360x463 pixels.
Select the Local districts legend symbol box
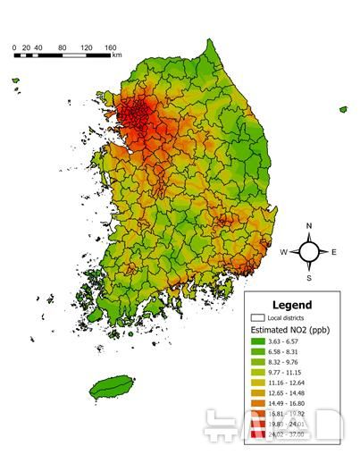[257, 317]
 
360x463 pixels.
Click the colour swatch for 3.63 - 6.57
[257, 341]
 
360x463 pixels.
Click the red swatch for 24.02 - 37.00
[257, 434]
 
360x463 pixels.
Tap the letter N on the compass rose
[309, 226]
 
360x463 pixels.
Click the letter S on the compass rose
[309, 278]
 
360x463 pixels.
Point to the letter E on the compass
[335, 253]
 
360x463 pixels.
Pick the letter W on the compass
[283, 253]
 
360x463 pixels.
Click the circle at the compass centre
[309, 252]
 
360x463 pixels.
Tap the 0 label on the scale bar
[14, 46]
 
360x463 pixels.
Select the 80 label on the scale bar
[63, 46]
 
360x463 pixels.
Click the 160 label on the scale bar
[111, 46]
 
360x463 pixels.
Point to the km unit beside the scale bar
[117, 55]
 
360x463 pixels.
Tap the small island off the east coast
[343, 109]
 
